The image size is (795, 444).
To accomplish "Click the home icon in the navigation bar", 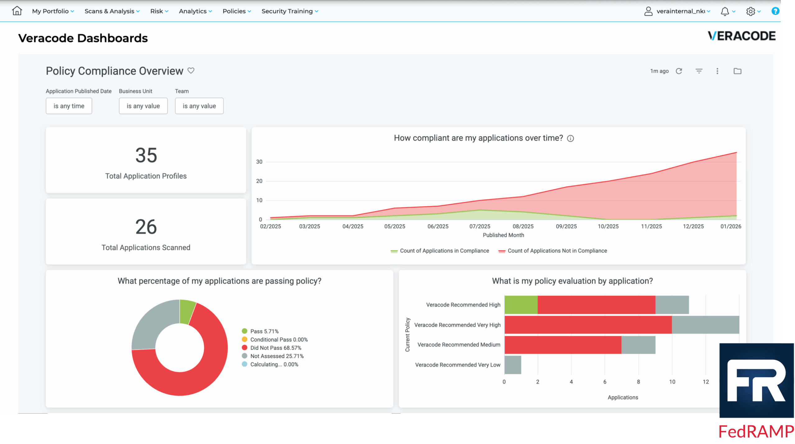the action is coord(17,11).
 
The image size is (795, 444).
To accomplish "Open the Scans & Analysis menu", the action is coord(112,11).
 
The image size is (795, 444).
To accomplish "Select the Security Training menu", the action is coord(289,11).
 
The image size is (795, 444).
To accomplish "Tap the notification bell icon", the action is coord(724,11).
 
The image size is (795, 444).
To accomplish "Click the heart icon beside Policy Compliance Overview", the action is coord(191,71).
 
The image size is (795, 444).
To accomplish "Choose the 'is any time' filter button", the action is coord(69,106).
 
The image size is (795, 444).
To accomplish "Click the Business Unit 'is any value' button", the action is coord(143,106).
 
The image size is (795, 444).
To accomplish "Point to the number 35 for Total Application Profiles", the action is coord(146,155).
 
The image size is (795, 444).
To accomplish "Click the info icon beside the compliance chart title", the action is coord(570,138).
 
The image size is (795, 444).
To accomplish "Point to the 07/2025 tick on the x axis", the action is coord(479,226).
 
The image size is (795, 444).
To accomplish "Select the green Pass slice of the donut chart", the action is coord(187,311).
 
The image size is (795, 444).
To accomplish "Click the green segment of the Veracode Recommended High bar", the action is coord(520,305).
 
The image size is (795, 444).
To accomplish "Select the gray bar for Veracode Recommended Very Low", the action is coord(512,365).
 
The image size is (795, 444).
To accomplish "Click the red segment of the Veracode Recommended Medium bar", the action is coord(562,345).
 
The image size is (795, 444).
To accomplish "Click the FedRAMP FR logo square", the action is coord(756,380).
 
